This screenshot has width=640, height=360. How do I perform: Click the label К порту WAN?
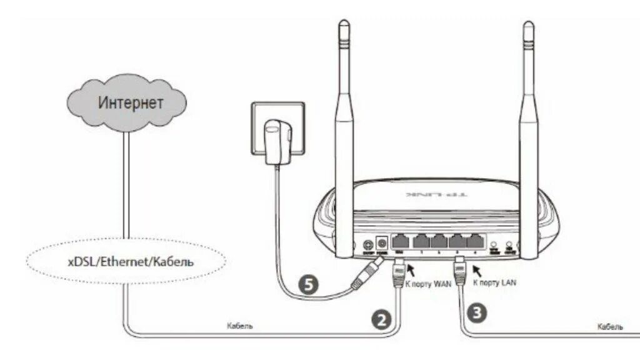[x=429, y=283]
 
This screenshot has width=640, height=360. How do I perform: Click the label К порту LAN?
[x=495, y=282]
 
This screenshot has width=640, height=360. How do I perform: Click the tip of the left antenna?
[x=343, y=27]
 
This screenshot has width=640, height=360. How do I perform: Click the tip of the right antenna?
[x=529, y=27]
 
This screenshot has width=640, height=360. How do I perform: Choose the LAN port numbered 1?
[x=422, y=241]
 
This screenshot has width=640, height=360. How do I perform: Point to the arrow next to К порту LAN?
[x=476, y=271]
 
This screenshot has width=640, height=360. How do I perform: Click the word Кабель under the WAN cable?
[x=240, y=326]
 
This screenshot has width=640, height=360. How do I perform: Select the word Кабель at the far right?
[x=609, y=326]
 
